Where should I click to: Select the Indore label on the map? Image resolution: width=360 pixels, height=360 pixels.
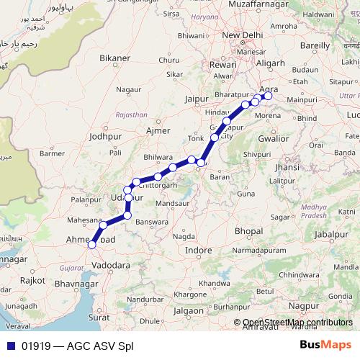198,250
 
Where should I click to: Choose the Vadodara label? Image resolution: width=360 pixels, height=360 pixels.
112,265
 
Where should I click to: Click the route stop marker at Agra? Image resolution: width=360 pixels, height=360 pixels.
269,95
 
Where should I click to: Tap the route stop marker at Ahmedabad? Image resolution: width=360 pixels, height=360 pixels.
91,245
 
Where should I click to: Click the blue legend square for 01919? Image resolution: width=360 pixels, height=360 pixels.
9,345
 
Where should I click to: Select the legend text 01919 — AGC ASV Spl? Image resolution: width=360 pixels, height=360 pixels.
77,345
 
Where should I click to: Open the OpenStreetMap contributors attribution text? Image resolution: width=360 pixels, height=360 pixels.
297,323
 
